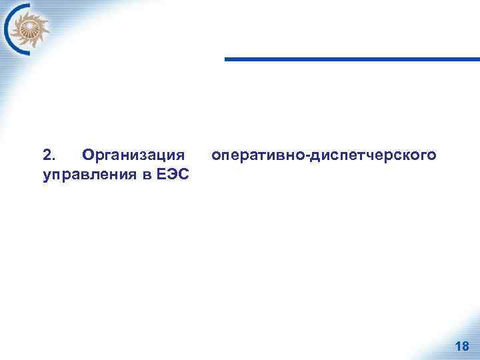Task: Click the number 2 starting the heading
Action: pyautogui.click(x=46, y=156)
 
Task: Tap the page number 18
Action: pyautogui.click(x=461, y=346)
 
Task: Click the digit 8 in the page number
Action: pyautogui.click(x=465, y=346)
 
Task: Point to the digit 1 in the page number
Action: pyautogui.click(x=457, y=346)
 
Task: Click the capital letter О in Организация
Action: pyautogui.click(x=85, y=156)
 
